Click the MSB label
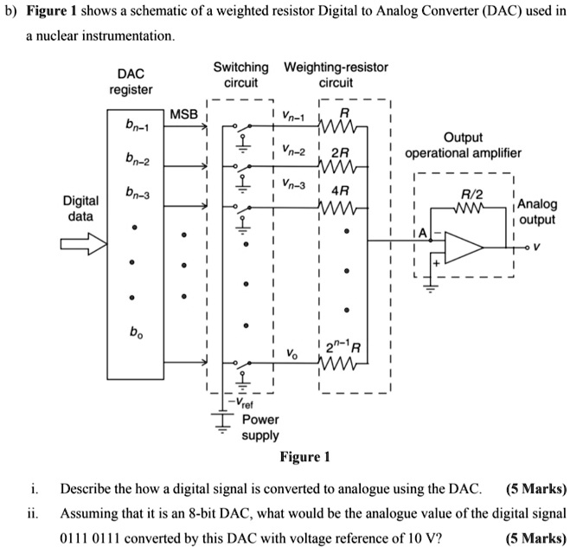coord(183,115)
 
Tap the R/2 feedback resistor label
coord(468,196)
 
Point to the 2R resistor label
coord(343,151)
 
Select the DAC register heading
coord(131,82)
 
